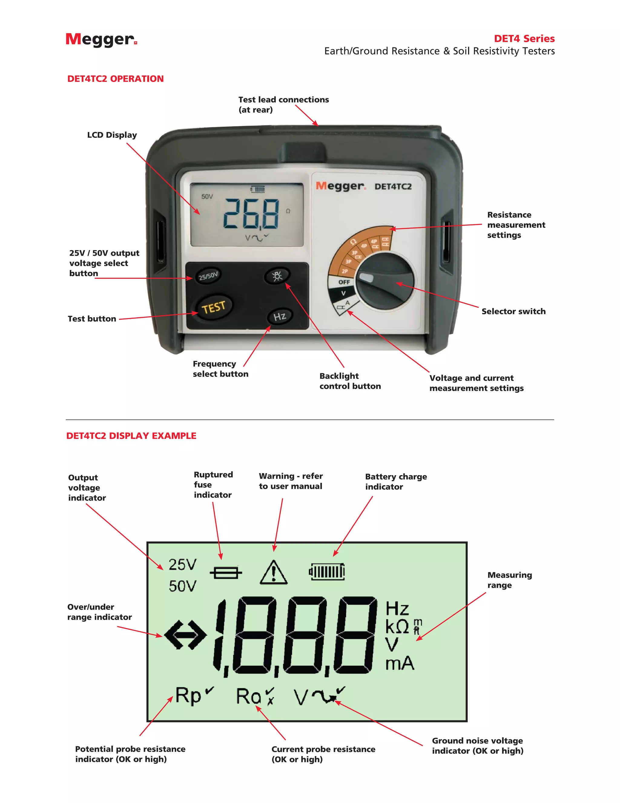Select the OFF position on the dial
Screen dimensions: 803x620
click(344, 282)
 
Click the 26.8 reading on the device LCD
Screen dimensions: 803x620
click(251, 214)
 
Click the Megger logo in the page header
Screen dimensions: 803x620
click(101, 40)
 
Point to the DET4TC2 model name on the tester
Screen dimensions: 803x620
click(393, 187)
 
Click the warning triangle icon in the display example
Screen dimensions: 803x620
click(273, 573)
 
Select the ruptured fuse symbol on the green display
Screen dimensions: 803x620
click(226, 572)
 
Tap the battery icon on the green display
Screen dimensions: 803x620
click(327, 572)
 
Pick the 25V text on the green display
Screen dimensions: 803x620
click(183, 565)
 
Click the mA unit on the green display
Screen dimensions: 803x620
click(400, 664)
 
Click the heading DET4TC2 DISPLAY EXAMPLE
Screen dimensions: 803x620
click(131, 436)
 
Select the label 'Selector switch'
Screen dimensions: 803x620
click(513, 312)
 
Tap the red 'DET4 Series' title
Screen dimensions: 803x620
click(524, 38)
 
